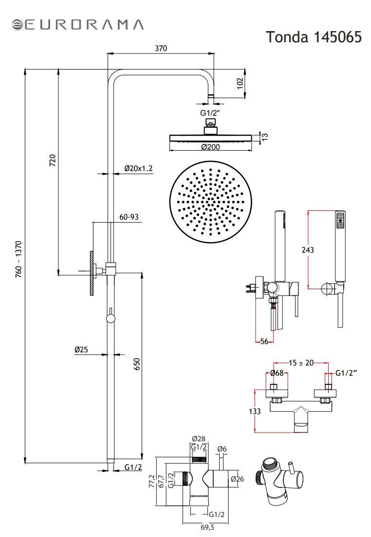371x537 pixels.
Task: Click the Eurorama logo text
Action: tap(83, 25)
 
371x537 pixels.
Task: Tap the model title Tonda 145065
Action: tap(314, 36)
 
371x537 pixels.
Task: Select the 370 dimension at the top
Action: tap(161, 48)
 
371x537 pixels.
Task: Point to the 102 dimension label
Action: tap(240, 83)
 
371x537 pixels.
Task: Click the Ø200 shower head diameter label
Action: tap(211, 147)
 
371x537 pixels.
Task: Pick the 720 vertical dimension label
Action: tap(53, 160)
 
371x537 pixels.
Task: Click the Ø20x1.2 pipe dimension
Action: tap(138, 168)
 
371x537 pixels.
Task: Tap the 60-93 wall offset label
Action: tap(129, 217)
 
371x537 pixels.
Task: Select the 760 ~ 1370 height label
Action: tap(19, 259)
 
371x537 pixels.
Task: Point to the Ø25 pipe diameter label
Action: tap(81, 349)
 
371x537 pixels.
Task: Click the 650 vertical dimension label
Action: tap(137, 364)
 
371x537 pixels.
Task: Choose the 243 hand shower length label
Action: tap(308, 250)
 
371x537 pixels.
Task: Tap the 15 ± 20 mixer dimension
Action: tap(301, 363)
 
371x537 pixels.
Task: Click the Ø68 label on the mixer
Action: tap(277, 373)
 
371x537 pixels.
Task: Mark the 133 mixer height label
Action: tap(255, 411)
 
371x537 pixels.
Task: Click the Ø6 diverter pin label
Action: tap(222, 449)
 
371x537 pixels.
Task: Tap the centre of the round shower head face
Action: tap(211, 202)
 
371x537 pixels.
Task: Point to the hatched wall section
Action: tap(92, 273)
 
